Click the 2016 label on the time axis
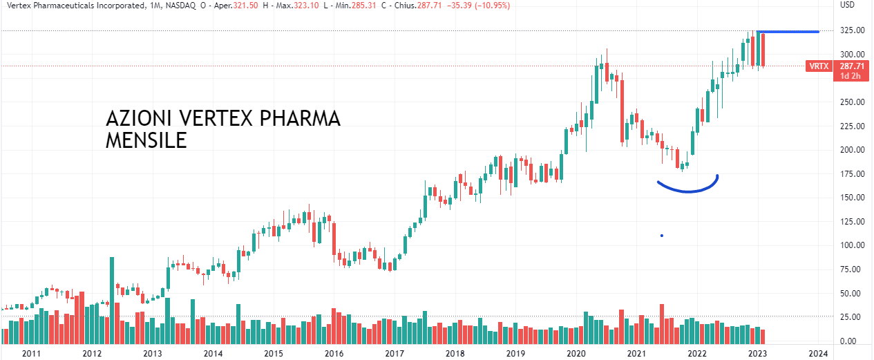[x=334, y=353]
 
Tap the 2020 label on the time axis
[x=576, y=353]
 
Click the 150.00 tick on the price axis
[x=851, y=198]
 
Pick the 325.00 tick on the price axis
[x=851, y=31]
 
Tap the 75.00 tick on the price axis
[x=851, y=269]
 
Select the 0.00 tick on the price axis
[x=851, y=341]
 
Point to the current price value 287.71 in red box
[x=851, y=66]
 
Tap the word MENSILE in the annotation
[x=146, y=141]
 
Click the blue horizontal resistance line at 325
[x=788, y=32]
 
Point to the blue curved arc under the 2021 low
[x=688, y=189]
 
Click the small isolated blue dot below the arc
[x=662, y=236]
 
